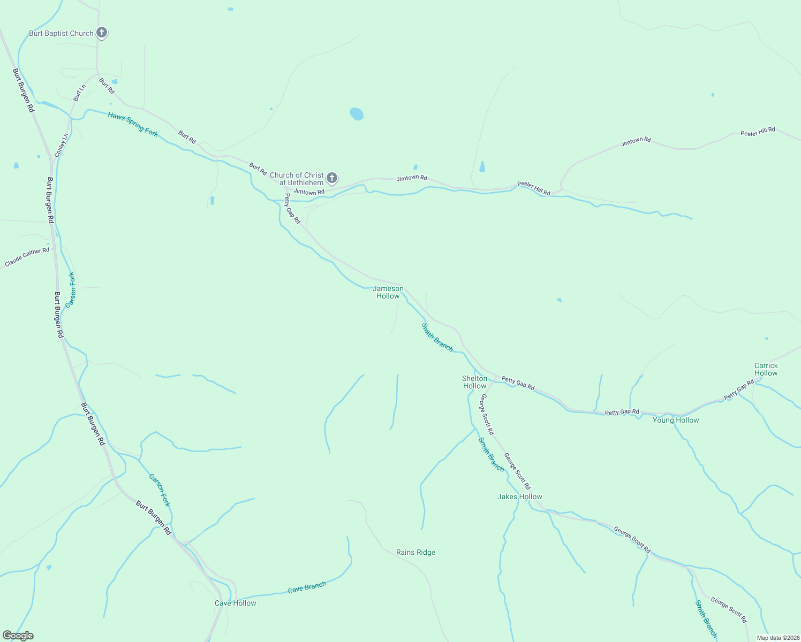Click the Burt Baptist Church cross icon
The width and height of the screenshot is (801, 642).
coord(102,33)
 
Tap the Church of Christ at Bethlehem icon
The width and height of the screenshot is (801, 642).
coord(332,178)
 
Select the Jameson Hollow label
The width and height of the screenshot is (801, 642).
coord(388,292)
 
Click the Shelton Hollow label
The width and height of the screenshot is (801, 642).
coord(474,382)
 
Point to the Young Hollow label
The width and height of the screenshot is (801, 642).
coord(676,420)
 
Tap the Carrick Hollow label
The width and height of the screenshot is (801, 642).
coord(766,369)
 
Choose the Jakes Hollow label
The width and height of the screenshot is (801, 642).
coord(520,496)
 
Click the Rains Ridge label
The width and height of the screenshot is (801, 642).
coord(415,552)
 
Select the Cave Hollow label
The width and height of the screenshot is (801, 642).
coord(236,603)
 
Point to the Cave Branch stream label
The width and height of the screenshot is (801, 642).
coord(307,587)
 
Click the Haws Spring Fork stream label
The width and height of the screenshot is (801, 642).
coord(133,124)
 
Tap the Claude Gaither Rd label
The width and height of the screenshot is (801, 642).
coord(27,257)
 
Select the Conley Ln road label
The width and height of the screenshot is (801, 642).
coord(62,145)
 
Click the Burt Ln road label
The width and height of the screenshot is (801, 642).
coord(80,93)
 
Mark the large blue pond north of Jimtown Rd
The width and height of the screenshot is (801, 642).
coord(357,114)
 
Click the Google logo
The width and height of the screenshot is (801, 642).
coord(18,636)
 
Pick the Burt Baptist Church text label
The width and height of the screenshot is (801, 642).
coord(61,33)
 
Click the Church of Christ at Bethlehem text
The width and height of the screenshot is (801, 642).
coord(297,179)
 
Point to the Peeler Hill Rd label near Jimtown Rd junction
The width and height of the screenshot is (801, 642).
coord(533,188)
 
